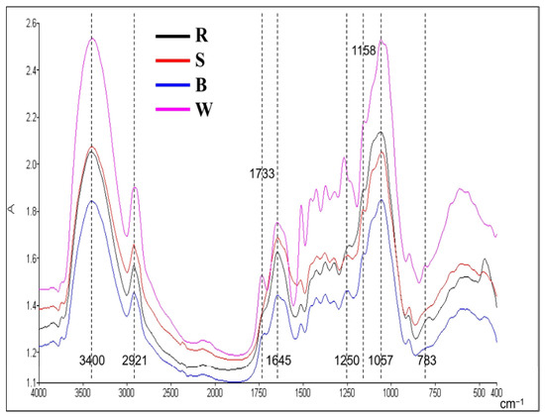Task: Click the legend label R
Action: [201, 35]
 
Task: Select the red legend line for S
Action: [172, 60]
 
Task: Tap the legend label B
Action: [201, 85]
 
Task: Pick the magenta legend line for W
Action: [172, 109]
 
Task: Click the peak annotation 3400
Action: [92, 361]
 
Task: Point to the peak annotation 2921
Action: [135, 361]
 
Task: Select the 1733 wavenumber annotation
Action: [262, 173]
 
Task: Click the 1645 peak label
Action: [278, 361]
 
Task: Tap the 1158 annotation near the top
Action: [364, 51]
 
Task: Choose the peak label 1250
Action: [347, 361]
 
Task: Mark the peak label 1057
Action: [381, 361]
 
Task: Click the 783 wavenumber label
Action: [427, 361]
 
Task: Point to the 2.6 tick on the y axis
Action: [31, 24]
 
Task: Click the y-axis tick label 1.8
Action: [31, 211]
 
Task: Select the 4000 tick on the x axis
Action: [39, 393]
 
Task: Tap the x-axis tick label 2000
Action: [215, 393]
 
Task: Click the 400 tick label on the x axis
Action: [496, 393]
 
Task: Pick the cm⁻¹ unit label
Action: [511, 404]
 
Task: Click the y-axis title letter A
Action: [12, 209]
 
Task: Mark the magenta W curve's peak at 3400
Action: [92, 39]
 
